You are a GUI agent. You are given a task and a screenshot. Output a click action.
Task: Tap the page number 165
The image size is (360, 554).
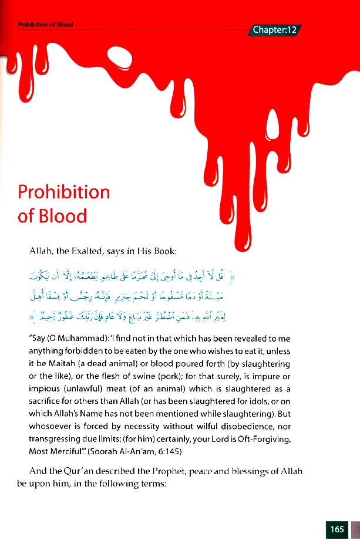coord(337,529)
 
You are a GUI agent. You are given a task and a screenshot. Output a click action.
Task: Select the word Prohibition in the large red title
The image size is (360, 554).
coord(64,192)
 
